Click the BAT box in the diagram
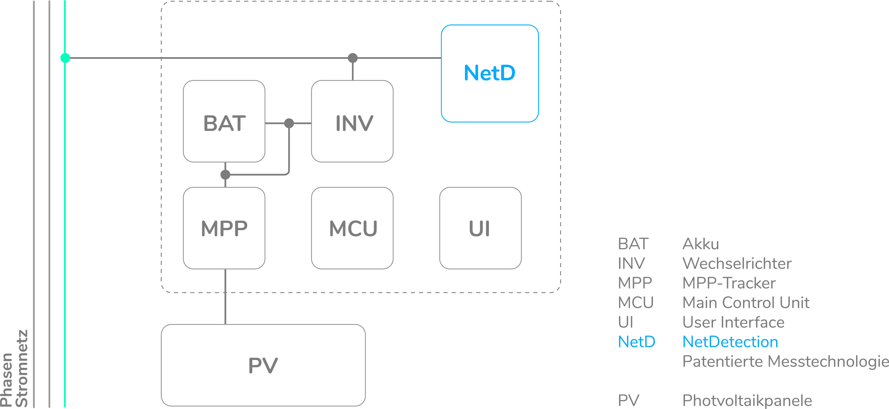tap(224, 121)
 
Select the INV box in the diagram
tap(352, 121)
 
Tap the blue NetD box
tap(490, 73)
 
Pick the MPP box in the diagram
tap(224, 228)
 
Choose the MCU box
tap(352, 228)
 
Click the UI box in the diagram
tap(480, 228)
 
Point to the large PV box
tap(263, 365)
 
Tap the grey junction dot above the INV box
tap(352, 58)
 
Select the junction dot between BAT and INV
tap(289, 123)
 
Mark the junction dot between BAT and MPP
tap(225, 175)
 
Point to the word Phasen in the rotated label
tap(7, 379)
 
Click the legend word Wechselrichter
tap(737, 263)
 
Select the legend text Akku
tap(701, 244)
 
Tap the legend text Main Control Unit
tap(745, 302)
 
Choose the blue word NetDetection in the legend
tap(730, 342)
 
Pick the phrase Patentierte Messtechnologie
tap(785, 361)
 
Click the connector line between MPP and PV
tap(225, 304)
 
